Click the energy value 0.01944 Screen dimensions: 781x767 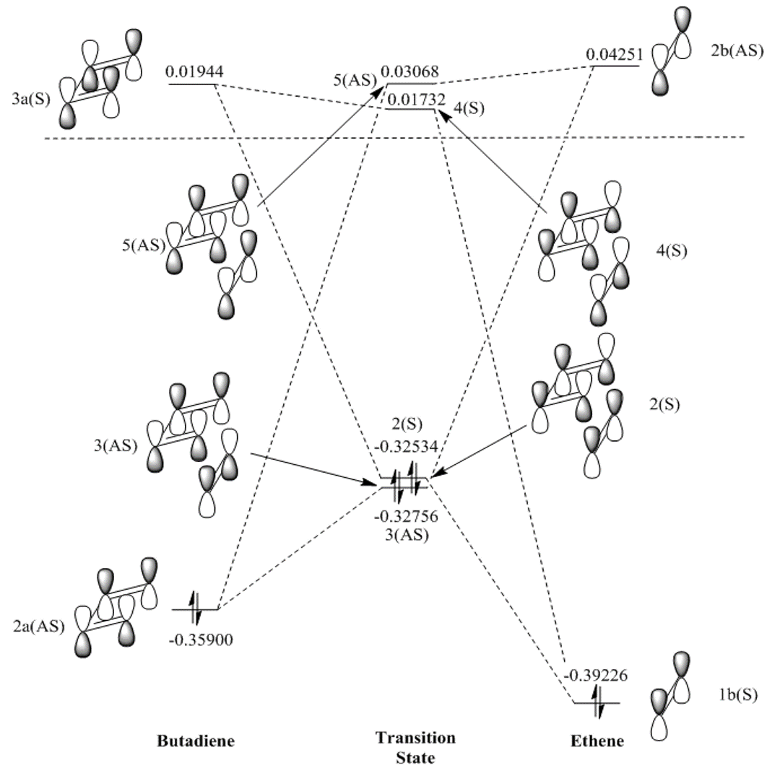(x=194, y=71)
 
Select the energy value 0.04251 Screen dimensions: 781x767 (x=615, y=55)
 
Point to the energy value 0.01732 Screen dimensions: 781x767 (x=414, y=100)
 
